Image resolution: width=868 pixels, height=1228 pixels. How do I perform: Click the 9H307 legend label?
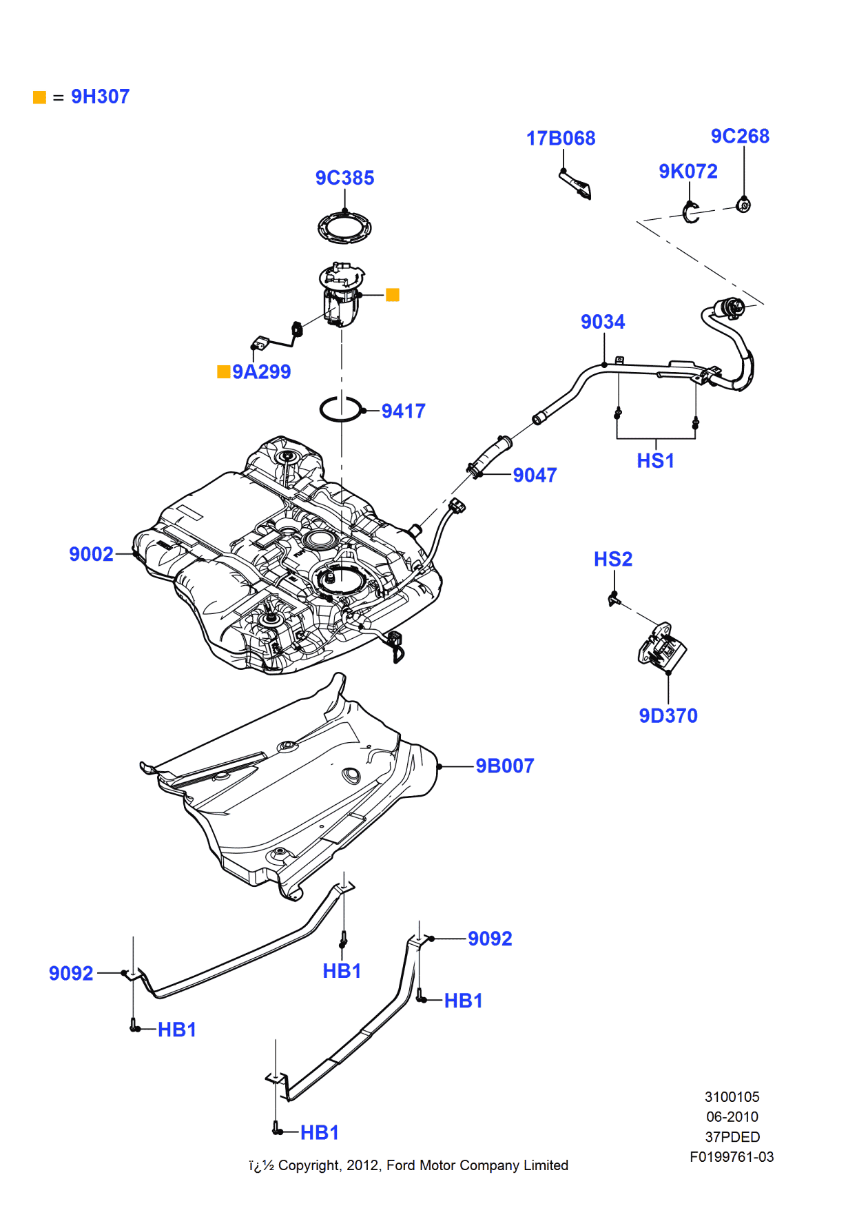100,96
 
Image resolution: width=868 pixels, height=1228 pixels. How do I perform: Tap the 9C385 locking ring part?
344,227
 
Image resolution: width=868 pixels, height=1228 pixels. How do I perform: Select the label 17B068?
560,139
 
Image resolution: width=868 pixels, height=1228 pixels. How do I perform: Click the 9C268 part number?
740,136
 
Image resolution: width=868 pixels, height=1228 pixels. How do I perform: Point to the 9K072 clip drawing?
691,213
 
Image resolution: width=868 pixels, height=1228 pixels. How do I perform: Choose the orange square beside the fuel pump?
393,295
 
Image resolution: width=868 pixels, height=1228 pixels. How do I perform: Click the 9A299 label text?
261,372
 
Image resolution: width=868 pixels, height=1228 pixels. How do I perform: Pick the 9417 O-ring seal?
340,409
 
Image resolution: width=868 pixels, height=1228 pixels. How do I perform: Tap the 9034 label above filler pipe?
602,322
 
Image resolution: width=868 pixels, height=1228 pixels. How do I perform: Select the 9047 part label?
535,475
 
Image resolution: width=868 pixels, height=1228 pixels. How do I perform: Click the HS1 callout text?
655,461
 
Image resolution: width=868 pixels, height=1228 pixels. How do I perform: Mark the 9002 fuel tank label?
91,554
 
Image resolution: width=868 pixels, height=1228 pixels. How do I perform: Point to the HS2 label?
612,559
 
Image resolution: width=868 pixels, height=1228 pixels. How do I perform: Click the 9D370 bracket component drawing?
662,646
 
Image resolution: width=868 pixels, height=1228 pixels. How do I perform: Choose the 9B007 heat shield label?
504,766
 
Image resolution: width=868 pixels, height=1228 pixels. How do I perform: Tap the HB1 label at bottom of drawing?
319,1132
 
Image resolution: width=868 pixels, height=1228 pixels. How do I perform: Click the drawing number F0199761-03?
732,1157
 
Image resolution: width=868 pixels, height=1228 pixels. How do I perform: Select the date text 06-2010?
732,1116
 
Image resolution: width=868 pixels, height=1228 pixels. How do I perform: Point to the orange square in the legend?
40,97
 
